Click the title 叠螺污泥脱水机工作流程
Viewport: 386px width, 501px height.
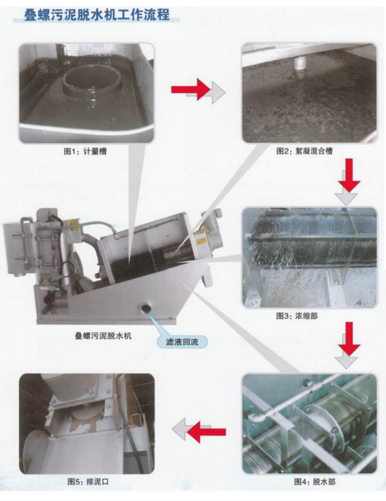[97, 14]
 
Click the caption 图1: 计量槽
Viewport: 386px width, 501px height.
[85, 151]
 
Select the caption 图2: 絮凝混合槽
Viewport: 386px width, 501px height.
[304, 151]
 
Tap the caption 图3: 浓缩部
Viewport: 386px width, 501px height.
[297, 316]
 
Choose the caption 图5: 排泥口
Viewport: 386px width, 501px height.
[88, 482]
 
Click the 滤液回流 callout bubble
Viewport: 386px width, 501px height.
[182, 342]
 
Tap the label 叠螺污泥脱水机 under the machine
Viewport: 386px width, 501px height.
[103, 336]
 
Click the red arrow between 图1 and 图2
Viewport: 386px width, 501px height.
[191, 89]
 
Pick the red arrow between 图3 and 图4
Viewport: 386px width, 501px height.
[349, 339]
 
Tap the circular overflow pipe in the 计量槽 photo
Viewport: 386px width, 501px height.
[92, 81]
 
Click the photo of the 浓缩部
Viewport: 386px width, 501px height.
[309, 257]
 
